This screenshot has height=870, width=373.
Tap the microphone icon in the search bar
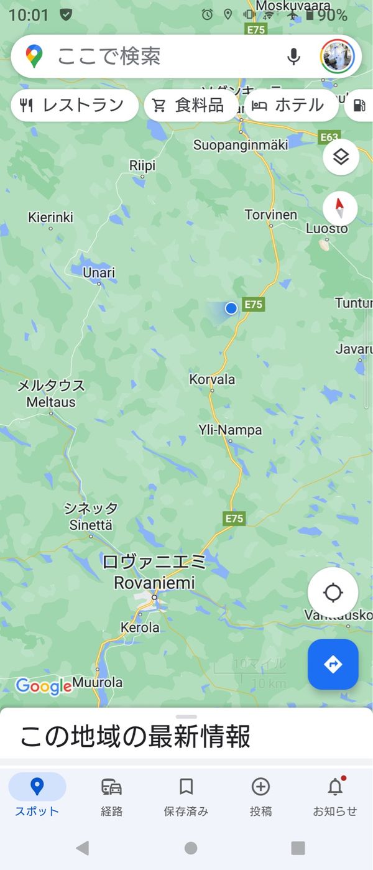click(293, 57)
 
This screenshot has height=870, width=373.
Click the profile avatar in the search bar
click(337, 57)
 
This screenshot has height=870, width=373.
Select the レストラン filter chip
click(74, 105)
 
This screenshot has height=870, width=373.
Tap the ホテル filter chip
click(290, 105)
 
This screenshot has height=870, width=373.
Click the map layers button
click(340, 157)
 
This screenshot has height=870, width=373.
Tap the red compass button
click(340, 208)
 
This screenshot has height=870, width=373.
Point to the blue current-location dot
click(231, 308)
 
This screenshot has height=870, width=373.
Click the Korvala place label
click(212, 379)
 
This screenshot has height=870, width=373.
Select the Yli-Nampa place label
click(230, 430)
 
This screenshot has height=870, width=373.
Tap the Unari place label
click(99, 272)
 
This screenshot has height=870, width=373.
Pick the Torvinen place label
click(270, 215)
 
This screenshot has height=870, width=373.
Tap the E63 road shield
click(328, 137)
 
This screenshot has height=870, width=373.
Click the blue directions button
click(333, 664)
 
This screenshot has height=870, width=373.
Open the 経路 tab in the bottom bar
click(111, 795)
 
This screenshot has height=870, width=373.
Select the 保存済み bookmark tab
click(186, 795)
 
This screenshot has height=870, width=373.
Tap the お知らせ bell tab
click(335, 795)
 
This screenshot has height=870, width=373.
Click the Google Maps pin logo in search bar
click(34, 57)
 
